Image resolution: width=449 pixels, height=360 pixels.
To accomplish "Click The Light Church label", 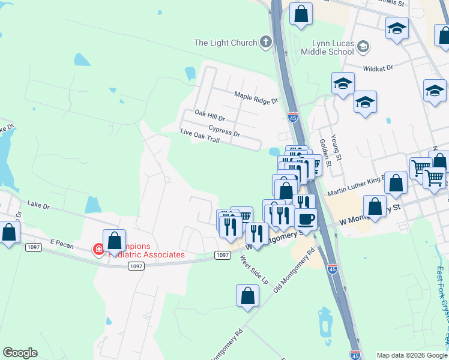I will click(226, 43).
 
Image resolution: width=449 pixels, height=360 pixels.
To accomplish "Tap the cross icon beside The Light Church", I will click(266, 42).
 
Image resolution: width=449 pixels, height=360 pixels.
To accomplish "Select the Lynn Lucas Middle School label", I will click(333, 48).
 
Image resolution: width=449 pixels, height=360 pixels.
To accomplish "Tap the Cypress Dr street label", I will click(224, 130).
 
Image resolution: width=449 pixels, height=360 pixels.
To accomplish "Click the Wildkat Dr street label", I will click(378, 68).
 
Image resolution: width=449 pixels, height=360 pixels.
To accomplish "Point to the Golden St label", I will click(325, 152).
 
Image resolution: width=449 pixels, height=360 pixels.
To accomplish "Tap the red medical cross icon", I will click(98, 249).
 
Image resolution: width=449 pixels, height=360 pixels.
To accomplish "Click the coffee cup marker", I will click(306, 219).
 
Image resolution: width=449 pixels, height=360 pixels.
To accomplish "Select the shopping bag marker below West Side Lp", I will click(248, 295).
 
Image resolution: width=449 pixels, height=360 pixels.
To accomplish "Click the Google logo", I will click(20, 353).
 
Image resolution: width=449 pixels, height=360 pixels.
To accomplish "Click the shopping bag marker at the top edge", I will click(301, 13).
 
